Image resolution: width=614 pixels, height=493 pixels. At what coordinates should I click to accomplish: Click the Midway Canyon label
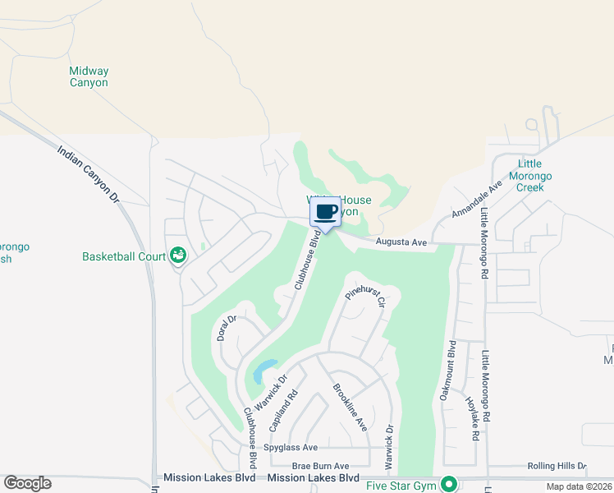coord(89,76)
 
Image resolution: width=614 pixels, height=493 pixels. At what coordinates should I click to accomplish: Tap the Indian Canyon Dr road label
coord(89,175)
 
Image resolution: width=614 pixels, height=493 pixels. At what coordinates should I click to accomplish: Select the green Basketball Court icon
coord(176,256)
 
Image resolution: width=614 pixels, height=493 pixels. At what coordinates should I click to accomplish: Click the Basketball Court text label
coord(124,256)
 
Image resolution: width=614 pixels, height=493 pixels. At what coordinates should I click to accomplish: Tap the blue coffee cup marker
coord(326,212)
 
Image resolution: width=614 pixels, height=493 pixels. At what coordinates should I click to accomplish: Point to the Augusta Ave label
coord(401,242)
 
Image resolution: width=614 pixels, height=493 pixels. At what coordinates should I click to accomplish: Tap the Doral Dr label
coord(227,328)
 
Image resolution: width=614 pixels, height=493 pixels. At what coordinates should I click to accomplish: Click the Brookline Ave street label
coord(349,408)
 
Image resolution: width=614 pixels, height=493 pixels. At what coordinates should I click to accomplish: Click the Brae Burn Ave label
coord(320,465)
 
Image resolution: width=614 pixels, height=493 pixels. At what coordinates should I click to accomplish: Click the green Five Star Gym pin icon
coord(448,485)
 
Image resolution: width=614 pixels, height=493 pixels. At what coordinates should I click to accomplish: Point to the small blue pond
coord(264,371)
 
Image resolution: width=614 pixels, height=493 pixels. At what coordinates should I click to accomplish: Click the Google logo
coord(27,483)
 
